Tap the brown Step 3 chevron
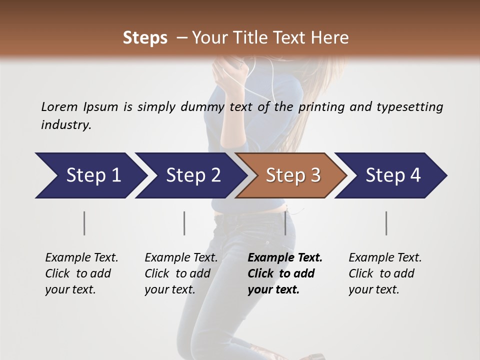293,175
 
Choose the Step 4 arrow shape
393,175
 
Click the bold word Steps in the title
145,38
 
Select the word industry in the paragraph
65,125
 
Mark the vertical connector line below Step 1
84,223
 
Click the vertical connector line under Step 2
184,223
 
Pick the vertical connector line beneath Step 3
285,223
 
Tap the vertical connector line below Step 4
386,223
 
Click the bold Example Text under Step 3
285,257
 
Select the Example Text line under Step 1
81,257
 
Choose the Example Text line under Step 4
385,257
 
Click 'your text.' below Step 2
170,289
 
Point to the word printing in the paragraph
318,106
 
